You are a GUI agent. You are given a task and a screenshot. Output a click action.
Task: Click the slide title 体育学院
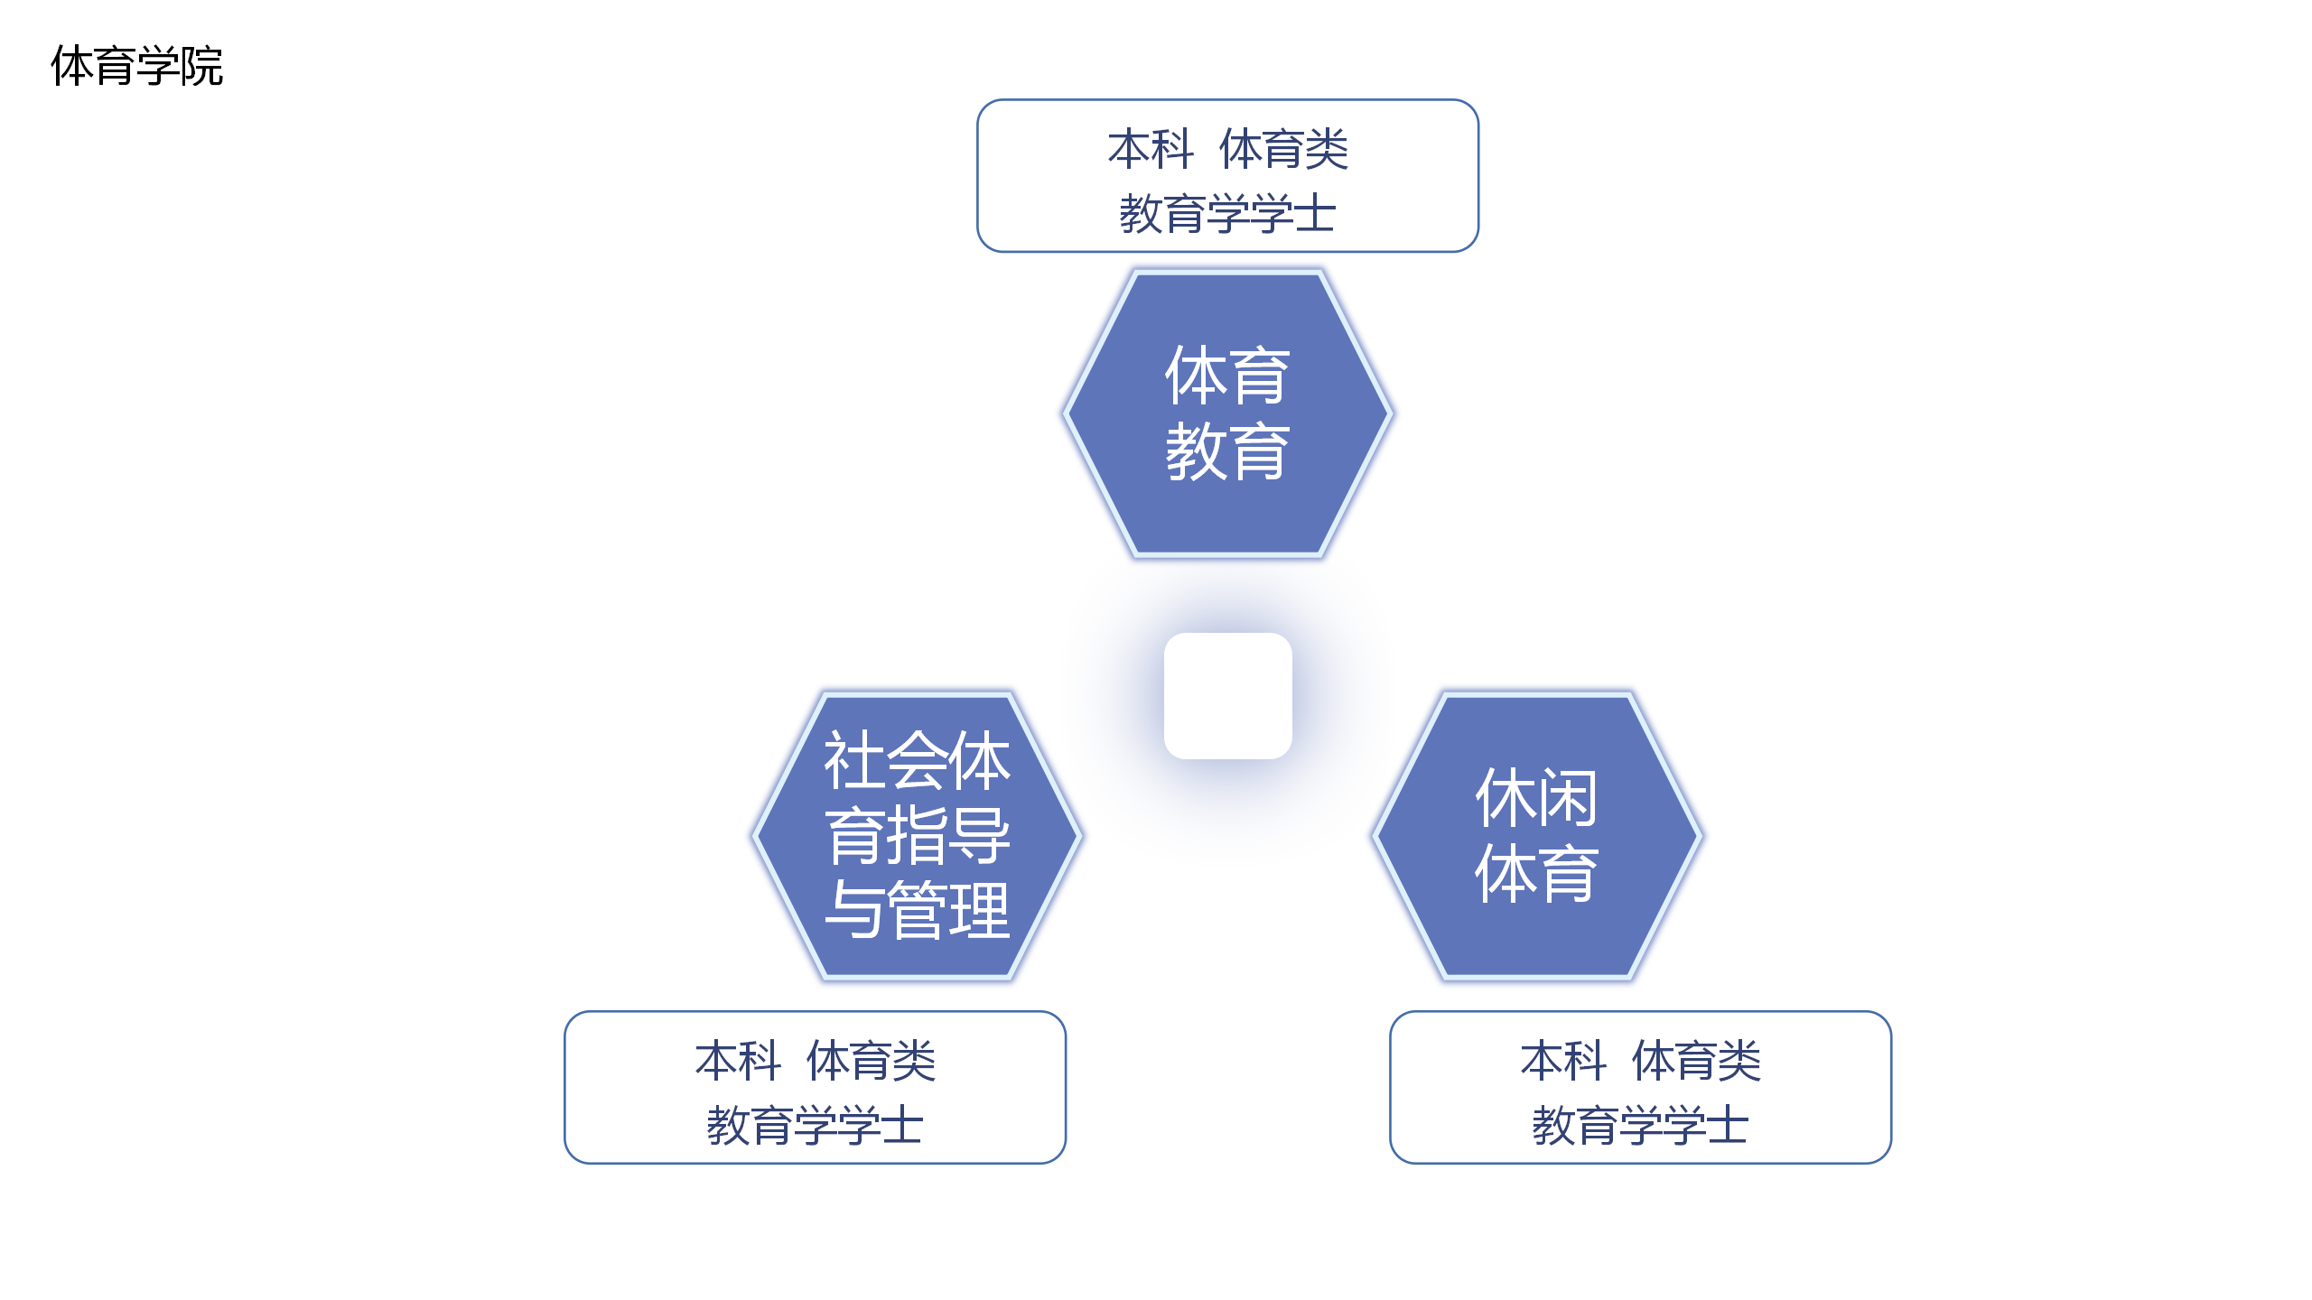tap(136, 66)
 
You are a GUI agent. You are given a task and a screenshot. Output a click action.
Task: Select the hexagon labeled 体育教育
tap(1227, 413)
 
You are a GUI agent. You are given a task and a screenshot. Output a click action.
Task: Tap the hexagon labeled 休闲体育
tap(1537, 835)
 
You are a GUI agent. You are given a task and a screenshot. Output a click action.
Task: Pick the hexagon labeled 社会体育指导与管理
tap(918, 835)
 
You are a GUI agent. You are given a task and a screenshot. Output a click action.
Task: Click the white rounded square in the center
tap(1227, 695)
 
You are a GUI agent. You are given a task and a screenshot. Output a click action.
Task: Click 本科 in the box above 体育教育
tap(1151, 149)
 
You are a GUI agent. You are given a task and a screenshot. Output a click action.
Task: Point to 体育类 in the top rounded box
tap(1283, 149)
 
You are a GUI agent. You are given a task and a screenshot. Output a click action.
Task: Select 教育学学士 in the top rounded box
tap(1227, 214)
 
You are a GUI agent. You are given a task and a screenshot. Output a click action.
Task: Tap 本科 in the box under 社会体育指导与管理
tap(738, 1060)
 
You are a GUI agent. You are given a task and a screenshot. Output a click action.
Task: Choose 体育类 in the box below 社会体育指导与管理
tap(871, 1060)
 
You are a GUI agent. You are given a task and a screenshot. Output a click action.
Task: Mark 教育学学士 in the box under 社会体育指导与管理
tap(815, 1126)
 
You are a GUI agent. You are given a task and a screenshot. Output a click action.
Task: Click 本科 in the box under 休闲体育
tap(1563, 1060)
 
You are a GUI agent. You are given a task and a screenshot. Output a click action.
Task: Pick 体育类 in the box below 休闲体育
tap(1696, 1060)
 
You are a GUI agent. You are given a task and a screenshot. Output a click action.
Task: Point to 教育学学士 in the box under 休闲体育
tap(1640, 1126)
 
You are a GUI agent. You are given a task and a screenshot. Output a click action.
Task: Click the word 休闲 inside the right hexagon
tap(1536, 798)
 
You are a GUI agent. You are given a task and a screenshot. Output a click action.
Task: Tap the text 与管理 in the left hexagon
tap(918, 909)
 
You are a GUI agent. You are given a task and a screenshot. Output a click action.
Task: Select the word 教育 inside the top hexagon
tap(1227, 451)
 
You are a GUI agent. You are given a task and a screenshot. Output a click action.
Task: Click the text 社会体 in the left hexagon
tap(918, 760)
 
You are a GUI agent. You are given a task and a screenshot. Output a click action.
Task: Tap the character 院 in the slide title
tap(201, 66)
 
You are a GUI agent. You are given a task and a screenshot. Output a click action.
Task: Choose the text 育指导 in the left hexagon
tap(918, 835)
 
